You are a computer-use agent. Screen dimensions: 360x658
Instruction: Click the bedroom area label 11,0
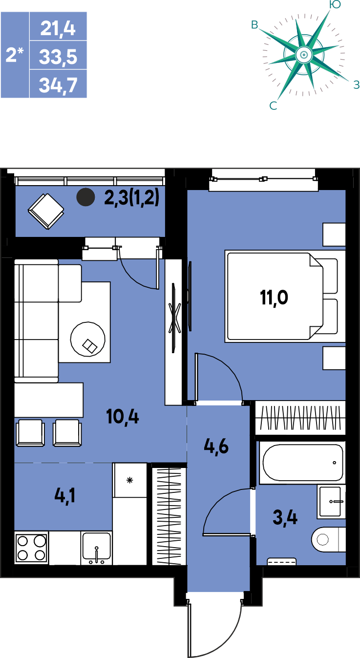click(274, 297)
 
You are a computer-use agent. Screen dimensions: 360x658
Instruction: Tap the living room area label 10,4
click(123, 417)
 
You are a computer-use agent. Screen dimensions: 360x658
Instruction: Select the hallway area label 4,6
click(216, 447)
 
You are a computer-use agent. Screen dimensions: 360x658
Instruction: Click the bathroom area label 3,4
click(285, 518)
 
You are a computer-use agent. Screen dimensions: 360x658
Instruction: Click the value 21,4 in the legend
click(58, 29)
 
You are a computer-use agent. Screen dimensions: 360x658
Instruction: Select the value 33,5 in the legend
click(58, 57)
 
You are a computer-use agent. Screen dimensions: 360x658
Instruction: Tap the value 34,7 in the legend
click(58, 85)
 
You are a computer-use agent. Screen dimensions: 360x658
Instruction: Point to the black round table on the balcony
click(85, 197)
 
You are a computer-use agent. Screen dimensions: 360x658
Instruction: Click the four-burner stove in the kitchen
click(32, 548)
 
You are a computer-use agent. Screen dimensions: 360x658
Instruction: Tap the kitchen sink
click(97, 548)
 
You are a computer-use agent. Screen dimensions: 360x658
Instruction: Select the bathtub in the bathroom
click(303, 463)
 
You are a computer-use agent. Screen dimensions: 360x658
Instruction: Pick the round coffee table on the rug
click(88, 339)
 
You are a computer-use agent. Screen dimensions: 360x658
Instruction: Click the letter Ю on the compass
click(335, 4)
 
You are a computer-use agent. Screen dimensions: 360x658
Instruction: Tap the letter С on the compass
click(273, 106)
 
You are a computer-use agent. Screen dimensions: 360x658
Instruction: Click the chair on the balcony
click(46, 211)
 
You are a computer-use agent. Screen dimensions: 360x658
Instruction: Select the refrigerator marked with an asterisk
click(129, 481)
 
